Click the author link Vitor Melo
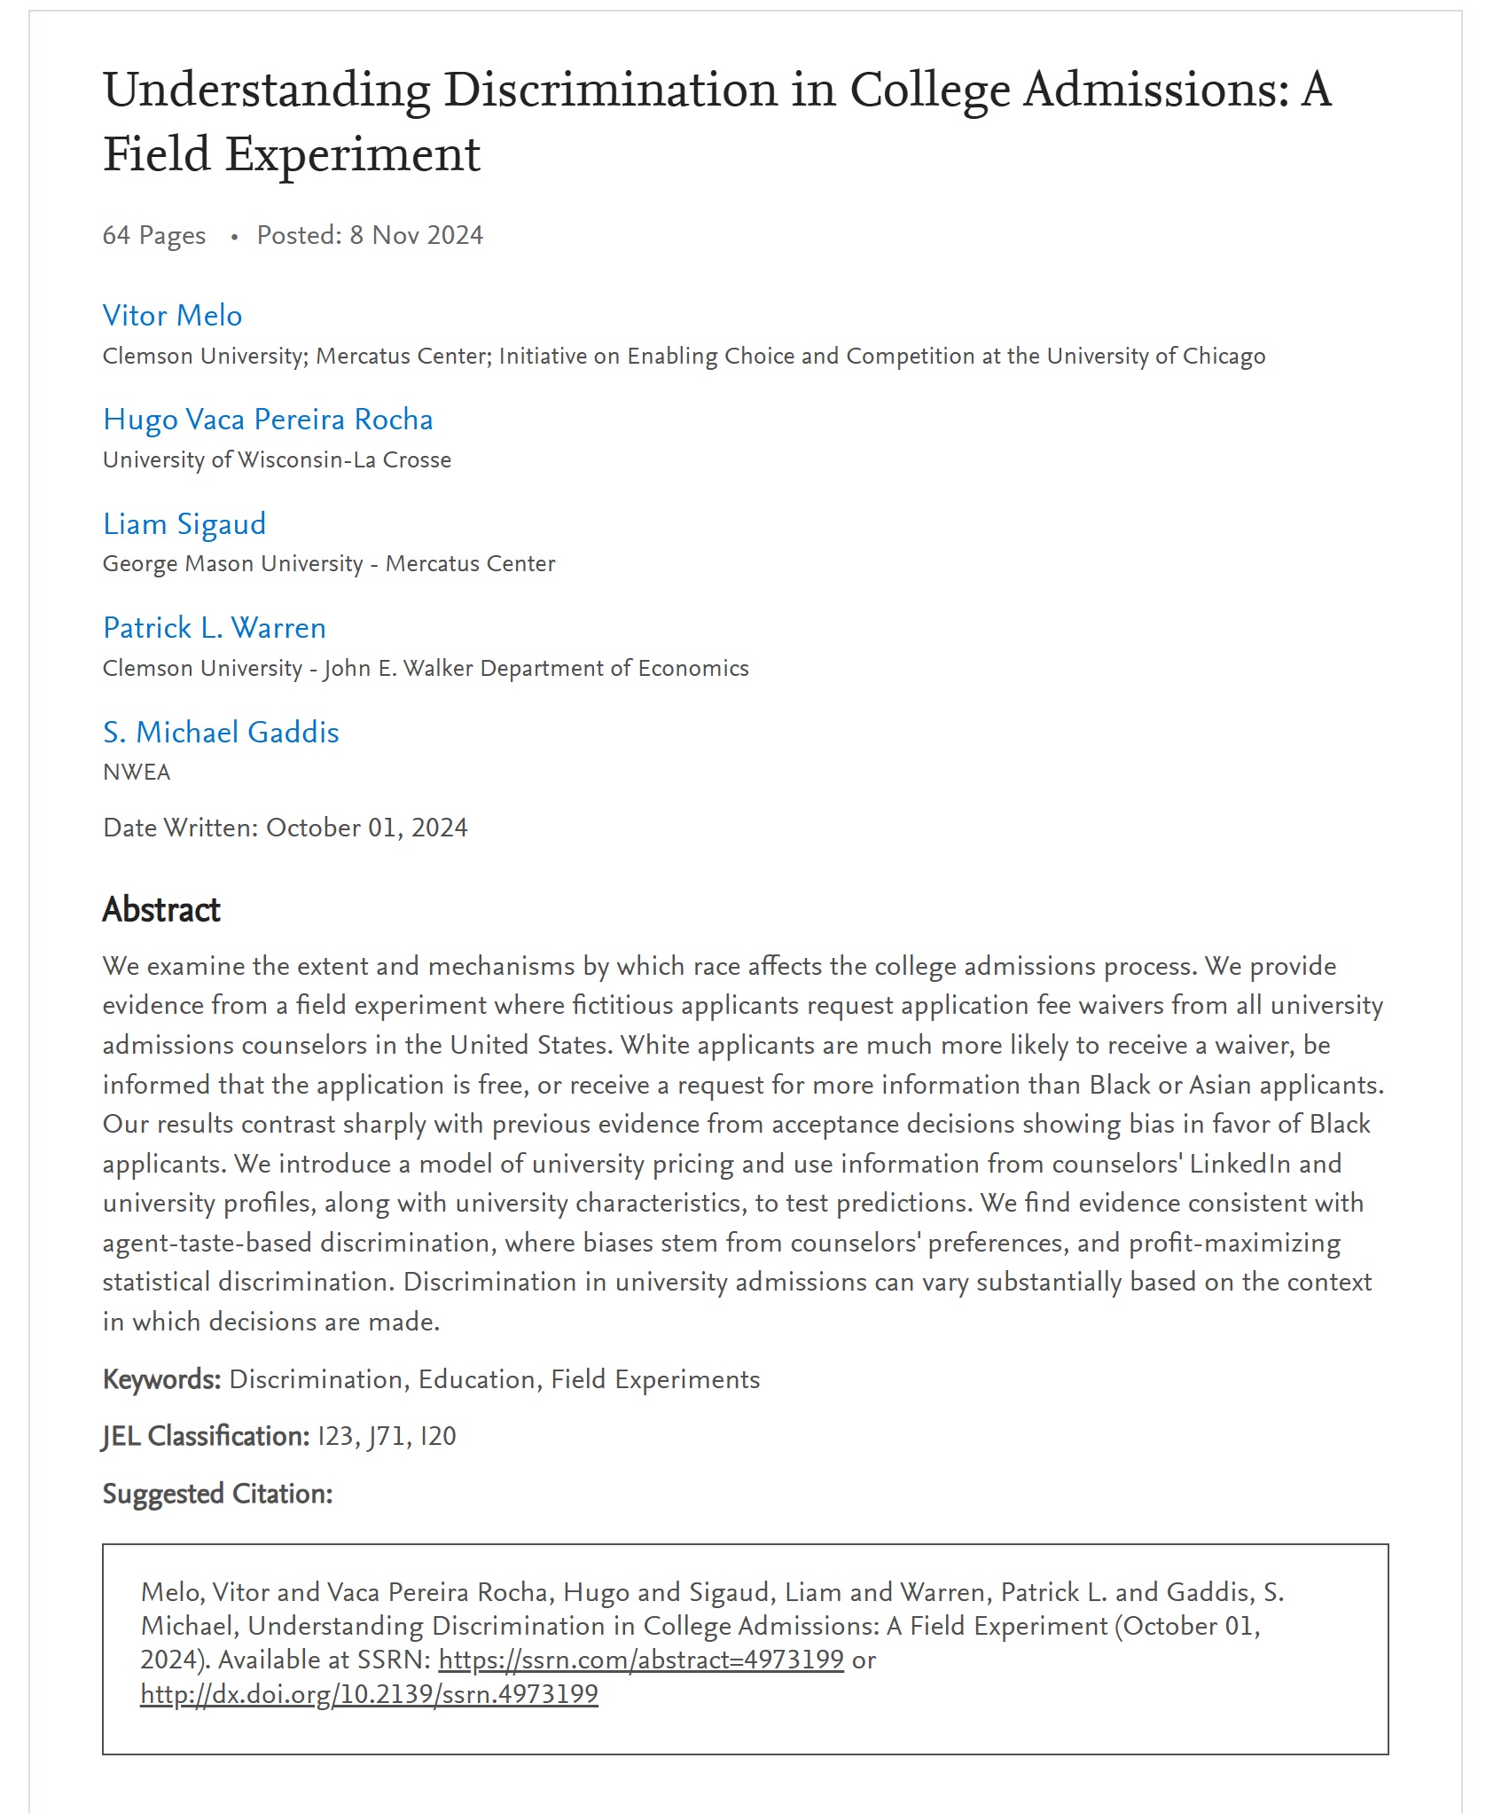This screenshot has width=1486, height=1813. click(x=172, y=316)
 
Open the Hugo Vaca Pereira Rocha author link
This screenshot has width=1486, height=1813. click(x=268, y=420)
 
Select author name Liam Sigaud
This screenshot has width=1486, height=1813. click(x=184, y=524)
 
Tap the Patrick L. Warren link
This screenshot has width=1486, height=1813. click(x=215, y=628)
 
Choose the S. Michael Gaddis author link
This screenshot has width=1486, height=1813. click(x=221, y=733)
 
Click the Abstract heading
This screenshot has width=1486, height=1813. click(x=161, y=910)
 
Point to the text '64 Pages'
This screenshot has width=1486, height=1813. click(x=154, y=236)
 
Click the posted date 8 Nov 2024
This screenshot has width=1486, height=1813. click(x=416, y=236)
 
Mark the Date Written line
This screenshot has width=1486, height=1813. click(x=285, y=828)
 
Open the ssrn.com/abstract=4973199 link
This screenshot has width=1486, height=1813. click(x=640, y=1660)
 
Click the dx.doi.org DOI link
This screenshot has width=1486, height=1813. click(x=369, y=1695)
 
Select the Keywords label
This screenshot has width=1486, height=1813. click(x=161, y=1380)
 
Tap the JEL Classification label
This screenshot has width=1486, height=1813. click(x=206, y=1437)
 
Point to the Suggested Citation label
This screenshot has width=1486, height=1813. click(x=217, y=1495)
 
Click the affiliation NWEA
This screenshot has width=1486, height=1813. click(x=137, y=773)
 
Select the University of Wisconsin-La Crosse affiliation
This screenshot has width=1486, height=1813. click(x=277, y=460)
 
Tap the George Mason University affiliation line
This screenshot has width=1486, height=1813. click(x=329, y=564)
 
